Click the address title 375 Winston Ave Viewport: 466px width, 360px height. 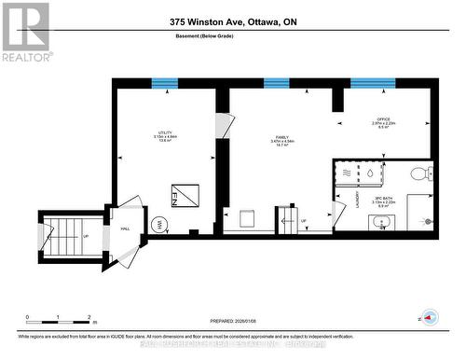point(232,21)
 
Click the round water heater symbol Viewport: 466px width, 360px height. point(159,224)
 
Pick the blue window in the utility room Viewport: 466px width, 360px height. point(166,84)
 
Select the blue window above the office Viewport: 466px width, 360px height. point(373,84)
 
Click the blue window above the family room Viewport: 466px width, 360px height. point(276,84)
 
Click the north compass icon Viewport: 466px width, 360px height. point(429,315)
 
